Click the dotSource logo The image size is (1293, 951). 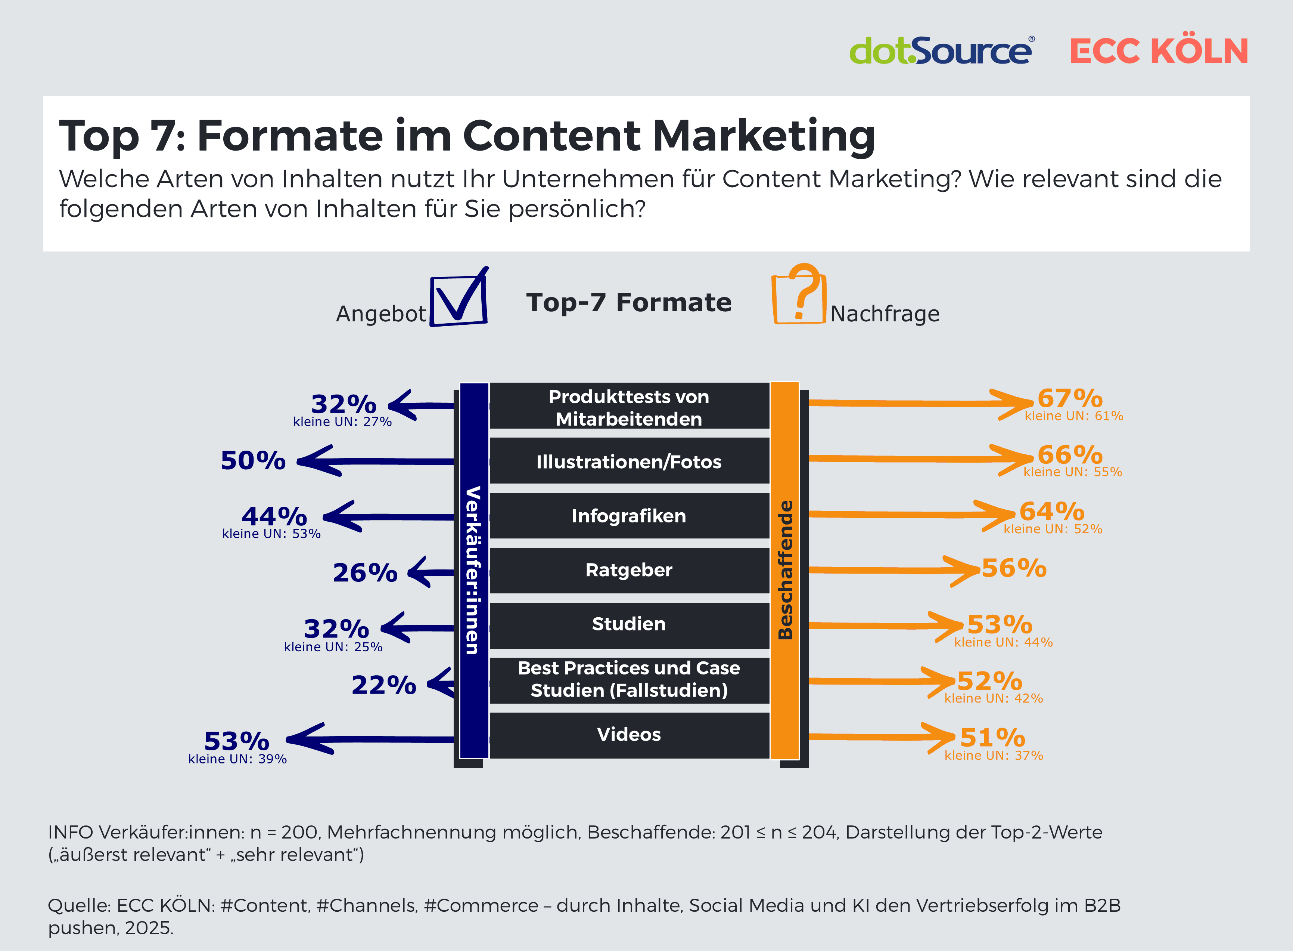point(941,51)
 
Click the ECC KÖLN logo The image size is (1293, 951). point(1159,51)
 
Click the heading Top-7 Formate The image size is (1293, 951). point(629,302)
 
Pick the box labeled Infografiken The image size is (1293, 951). point(629,516)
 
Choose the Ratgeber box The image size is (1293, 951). point(629,570)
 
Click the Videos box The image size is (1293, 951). point(629,735)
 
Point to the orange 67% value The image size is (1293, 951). point(1070,398)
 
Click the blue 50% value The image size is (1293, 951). point(253,460)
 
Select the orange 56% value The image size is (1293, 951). point(1013,568)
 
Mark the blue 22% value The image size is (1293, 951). point(384,685)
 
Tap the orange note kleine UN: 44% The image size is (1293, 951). point(1003,642)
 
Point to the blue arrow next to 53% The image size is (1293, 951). point(368,739)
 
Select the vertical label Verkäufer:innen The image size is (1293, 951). point(473,570)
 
